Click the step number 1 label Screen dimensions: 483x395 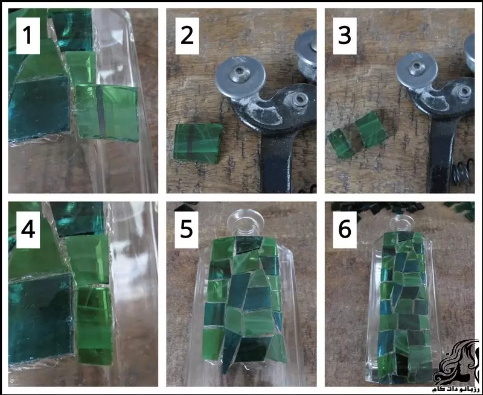pyautogui.click(x=28, y=36)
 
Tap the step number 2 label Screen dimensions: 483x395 pyautogui.click(x=187, y=36)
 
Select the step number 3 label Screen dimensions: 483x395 pyautogui.click(x=345, y=36)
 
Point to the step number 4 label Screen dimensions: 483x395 pyautogui.click(x=28, y=230)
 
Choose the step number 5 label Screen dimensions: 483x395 pyautogui.click(x=187, y=230)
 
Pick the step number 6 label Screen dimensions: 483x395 pyautogui.click(x=345, y=230)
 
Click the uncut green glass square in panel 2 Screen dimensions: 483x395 pyautogui.click(x=198, y=143)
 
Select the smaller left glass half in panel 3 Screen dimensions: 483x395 pyautogui.click(x=341, y=144)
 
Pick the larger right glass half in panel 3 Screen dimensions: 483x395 pyautogui.click(x=371, y=129)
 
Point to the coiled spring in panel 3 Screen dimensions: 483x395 pyautogui.click(x=463, y=172)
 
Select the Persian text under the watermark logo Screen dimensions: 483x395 pyautogui.click(x=456, y=389)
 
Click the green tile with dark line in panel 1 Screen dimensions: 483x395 pyautogui.click(x=107, y=113)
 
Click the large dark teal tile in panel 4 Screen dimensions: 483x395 pyautogui.click(x=40, y=318)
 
